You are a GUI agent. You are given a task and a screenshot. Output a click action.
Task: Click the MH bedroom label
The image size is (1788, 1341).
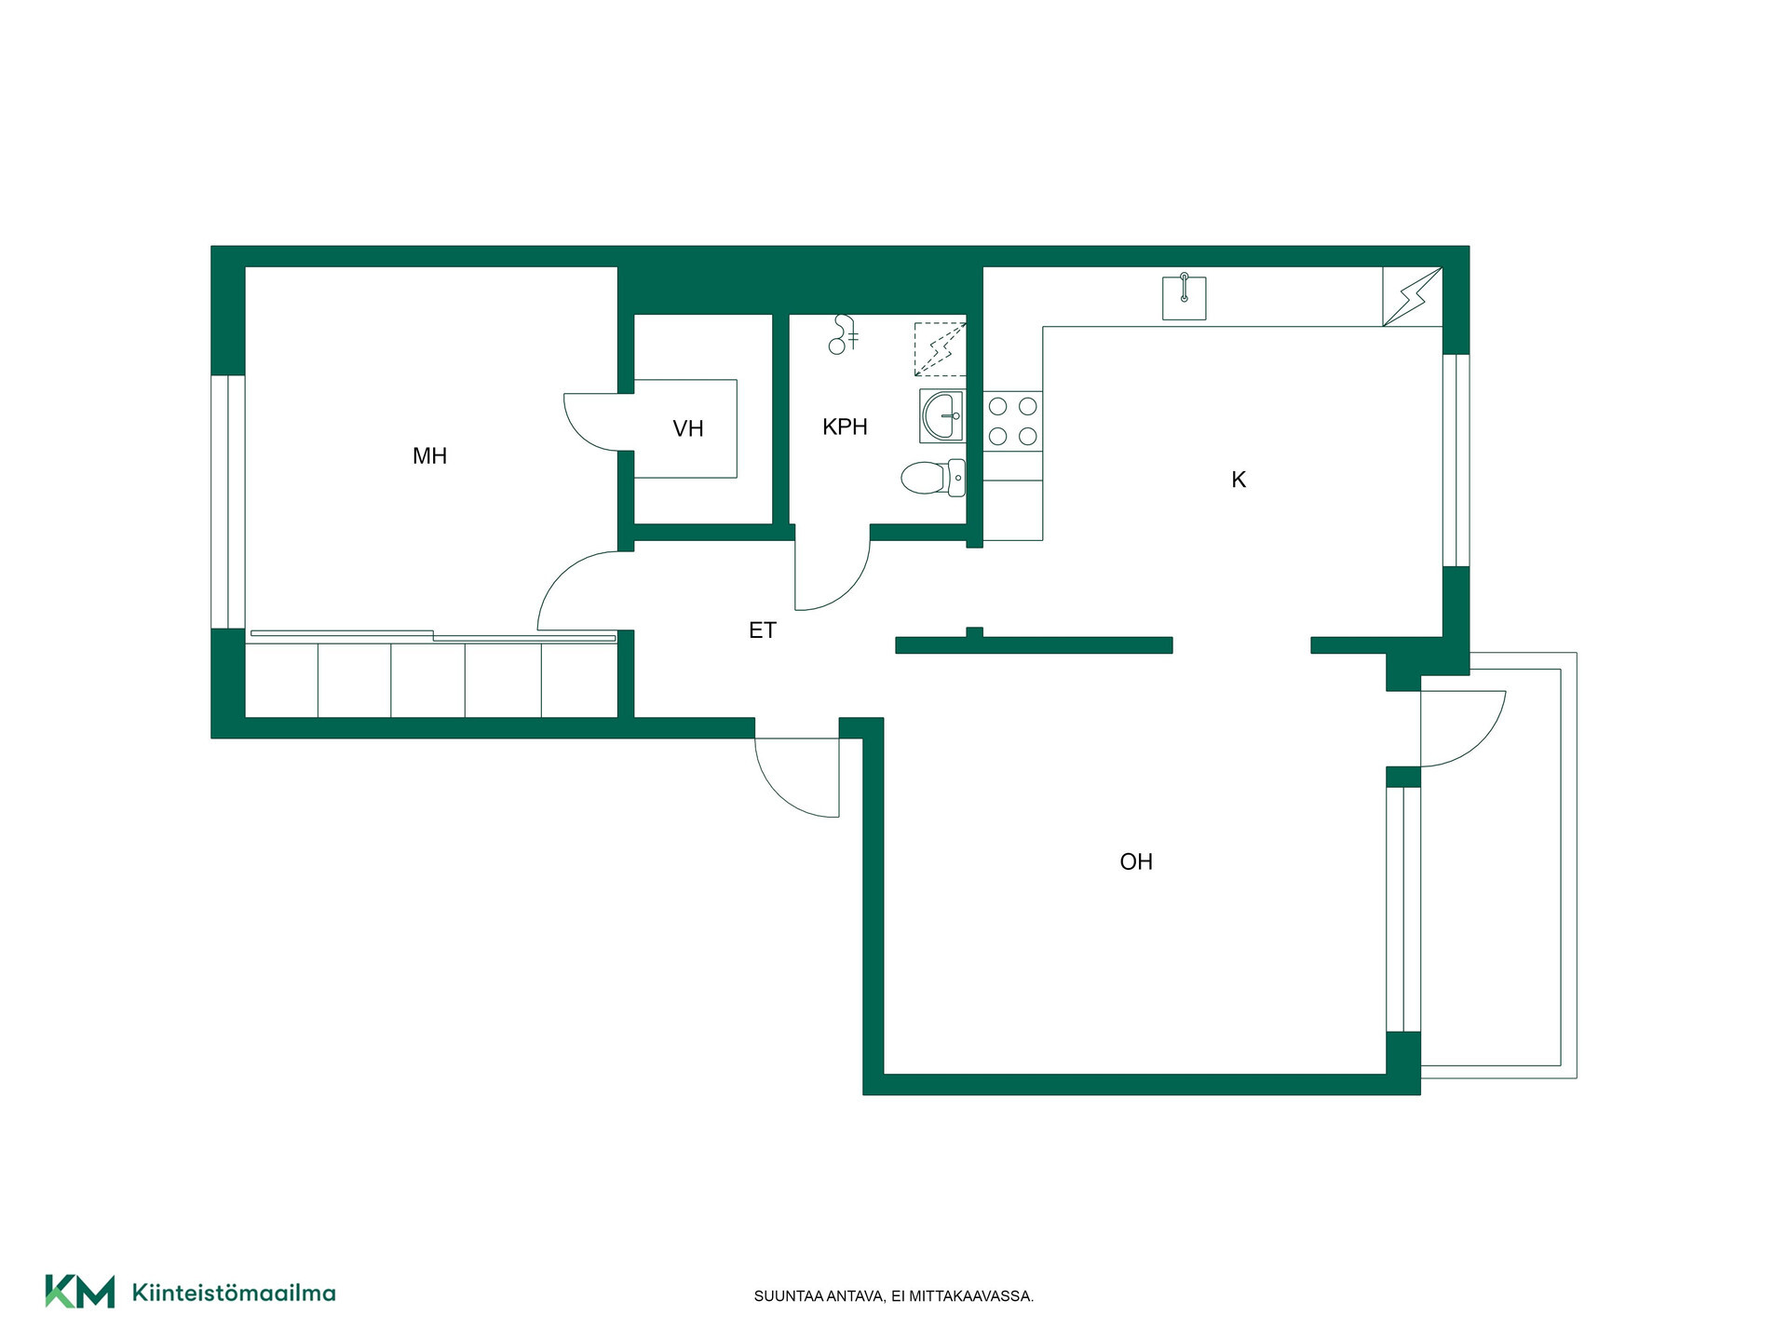pos(429,455)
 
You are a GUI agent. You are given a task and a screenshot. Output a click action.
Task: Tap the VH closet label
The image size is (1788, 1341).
pos(688,428)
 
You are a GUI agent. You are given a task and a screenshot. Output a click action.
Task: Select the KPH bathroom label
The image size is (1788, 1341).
pos(845,427)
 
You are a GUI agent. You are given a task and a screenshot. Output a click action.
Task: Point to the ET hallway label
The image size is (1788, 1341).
pos(762,630)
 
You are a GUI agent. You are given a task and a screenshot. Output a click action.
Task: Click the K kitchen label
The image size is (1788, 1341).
pos(1239,480)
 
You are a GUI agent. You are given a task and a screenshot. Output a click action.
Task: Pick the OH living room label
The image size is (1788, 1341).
pos(1136,861)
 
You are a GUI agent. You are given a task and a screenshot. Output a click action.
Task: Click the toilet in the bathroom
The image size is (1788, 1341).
pos(933,478)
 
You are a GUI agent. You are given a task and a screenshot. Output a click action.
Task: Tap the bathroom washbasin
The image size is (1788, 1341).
pos(941,415)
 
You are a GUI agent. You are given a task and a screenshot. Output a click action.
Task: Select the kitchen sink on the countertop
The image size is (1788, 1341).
pos(1185,297)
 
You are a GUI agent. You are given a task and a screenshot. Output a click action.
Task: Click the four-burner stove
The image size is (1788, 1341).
pos(1012,421)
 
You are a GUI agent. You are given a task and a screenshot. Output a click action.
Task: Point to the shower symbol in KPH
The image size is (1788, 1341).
pos(844,334)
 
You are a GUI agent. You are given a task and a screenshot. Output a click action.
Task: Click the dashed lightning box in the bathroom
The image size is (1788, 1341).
pos(940,349)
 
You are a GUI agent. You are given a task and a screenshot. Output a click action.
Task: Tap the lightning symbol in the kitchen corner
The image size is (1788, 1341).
pos(1413,297)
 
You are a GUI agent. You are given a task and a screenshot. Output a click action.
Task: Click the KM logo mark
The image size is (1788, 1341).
pos(80,1292)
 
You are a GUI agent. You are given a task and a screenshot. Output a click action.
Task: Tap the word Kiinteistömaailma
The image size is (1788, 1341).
pos(234,1293)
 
